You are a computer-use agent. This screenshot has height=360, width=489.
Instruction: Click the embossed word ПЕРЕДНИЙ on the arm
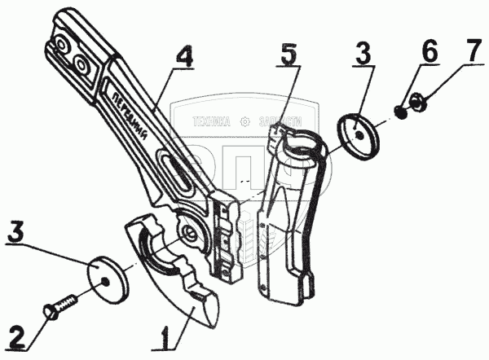click(x=133, y=115)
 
